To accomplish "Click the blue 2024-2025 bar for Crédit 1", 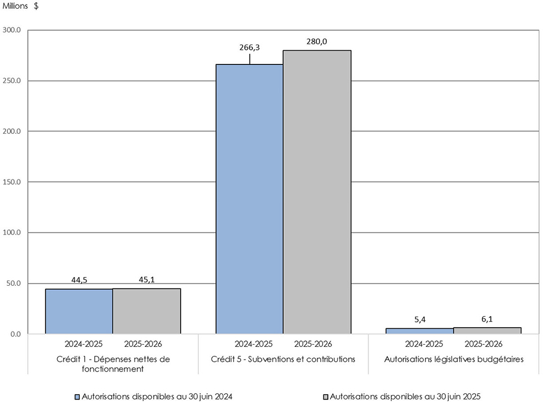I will (x=79, y=311).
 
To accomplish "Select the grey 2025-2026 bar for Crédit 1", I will (x=147, y=311).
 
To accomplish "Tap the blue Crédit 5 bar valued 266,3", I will (x=249, y=199).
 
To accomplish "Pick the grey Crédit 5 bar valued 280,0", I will (x=317, y=192).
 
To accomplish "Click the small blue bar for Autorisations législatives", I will (x=419, y=331).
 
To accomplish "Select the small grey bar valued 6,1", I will (x=487, y=330).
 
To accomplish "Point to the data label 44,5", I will (x=80, y=280).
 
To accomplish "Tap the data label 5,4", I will (x=420, y=319).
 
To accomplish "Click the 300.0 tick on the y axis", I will (x=12, y=30).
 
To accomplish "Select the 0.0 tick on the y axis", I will (x=15, y=334).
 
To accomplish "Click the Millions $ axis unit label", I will (x=21, y=6).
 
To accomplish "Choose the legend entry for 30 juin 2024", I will (x=157, y=396).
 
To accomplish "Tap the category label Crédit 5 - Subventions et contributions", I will (x=283, y=359).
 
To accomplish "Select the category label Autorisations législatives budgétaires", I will (x=453, y=359).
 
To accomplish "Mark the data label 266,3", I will (x=249, y=47).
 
